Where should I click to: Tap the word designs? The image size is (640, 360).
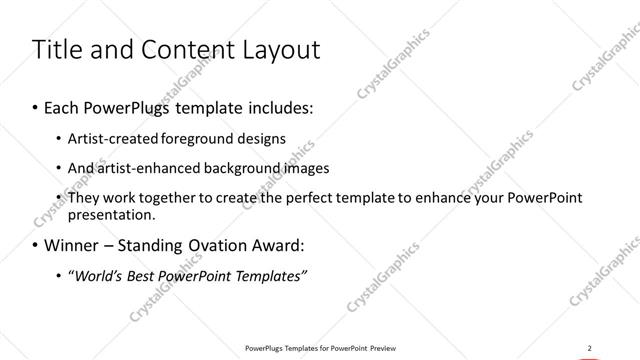pyautogui.click(x=262, y=139)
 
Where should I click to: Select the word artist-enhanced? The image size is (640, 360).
pyautogui.click(x=143, y=168)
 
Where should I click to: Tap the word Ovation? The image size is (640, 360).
pyautogui.click(x=224, y=245)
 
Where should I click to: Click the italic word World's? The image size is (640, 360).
pyautogui.click(x=97, y=275)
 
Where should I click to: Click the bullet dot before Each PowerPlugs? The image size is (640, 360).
pyautogui.click(x=36, y=106)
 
